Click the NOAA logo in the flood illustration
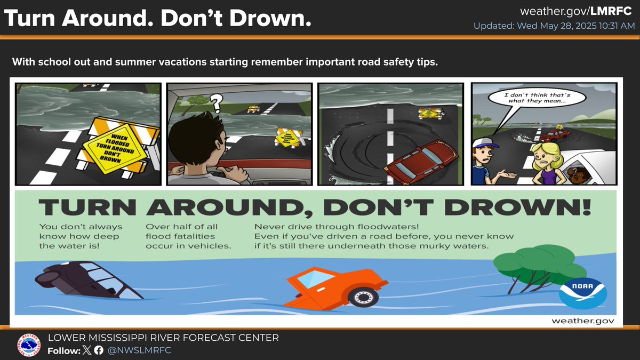coord(583,293)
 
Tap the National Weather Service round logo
coord(29,345)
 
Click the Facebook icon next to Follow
coord(99,350)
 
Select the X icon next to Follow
coord(87,350)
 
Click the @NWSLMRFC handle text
coord(139,350)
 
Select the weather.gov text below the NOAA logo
coord(582,321)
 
